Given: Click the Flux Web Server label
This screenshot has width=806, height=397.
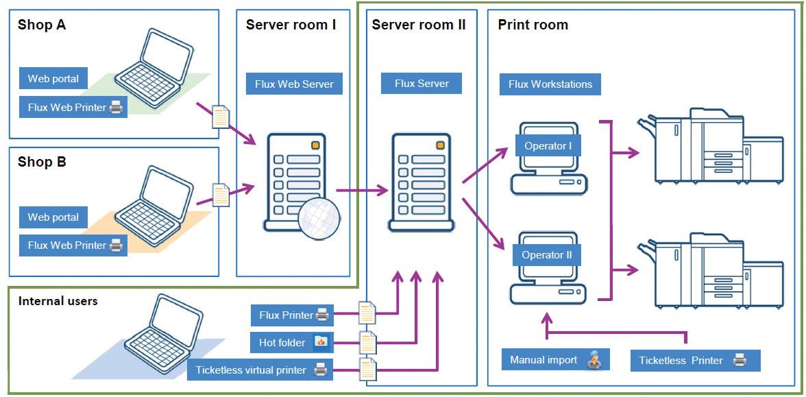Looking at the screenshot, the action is click(x=295, y=84).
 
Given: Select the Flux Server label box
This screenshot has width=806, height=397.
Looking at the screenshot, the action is click(x=422, y=84).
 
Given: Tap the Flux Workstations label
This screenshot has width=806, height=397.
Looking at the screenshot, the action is click(x=550, y=84).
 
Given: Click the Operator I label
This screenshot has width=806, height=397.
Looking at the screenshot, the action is click(x=548, y=146).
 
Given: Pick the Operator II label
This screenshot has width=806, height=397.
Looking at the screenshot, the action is click(x=547, y=254).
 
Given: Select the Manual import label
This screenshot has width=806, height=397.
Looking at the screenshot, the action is click(x=556, y=360).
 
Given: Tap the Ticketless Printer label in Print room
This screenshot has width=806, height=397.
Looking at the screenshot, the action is click(x=696, y=361).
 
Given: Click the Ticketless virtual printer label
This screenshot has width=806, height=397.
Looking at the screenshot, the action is click(x=260, y=370).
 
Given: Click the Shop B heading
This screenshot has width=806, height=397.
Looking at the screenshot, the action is click(x=42, y=162).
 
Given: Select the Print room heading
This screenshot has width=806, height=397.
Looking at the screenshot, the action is click(x=533, y=25).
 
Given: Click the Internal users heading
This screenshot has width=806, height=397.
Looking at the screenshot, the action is click(x=58, y=301).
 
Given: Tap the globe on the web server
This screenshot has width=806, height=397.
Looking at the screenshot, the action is click(x=319, y=219).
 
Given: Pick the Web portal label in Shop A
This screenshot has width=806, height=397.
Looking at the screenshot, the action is click(x=53, y=79).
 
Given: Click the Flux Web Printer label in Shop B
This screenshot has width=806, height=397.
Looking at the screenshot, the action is click(x=73, y=245).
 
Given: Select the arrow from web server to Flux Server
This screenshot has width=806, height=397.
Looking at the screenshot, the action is click(x=362, y=191).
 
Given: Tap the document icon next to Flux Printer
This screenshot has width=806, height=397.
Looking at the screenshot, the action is click(x=367, y=311).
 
